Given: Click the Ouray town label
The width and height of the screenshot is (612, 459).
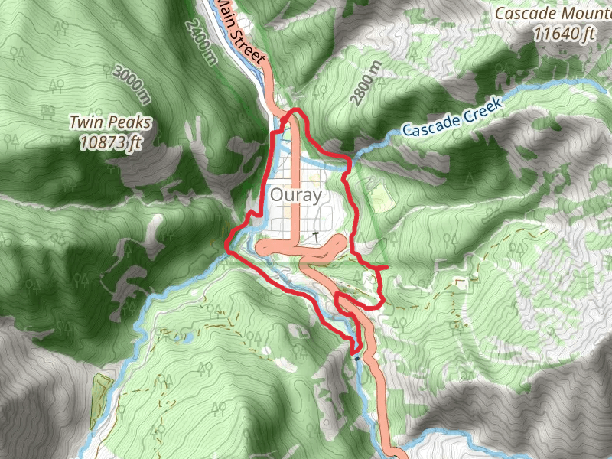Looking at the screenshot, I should pyautogui.click(x=295, y=196).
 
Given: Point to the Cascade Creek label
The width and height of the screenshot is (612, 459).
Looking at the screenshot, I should pyautogui.click(x=451, y=117).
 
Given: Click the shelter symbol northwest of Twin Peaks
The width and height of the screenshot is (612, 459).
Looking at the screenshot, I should pyautogui.click(x=47, y=112).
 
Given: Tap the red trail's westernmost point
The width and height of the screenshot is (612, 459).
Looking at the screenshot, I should pyautogui.click(x=228, y=244).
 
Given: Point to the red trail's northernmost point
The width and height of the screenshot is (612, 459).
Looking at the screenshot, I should pyautogui.click(x=294, y=112).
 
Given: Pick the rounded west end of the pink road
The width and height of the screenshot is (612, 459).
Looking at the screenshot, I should pyautogui.click(x=261, y=247).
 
